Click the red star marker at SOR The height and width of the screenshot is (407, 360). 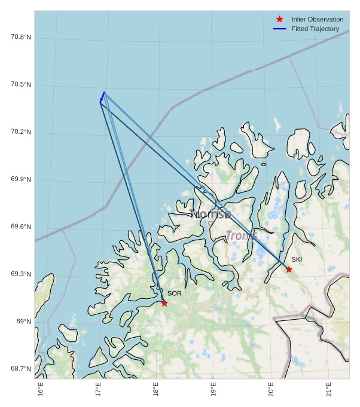point(164,303)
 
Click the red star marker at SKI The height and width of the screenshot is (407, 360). point(289,270)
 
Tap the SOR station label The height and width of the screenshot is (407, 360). point(174,293)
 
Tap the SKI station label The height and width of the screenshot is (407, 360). point(297,259)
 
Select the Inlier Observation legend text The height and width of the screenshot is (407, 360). point(317,20)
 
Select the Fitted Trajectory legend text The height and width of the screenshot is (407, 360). point(315,29)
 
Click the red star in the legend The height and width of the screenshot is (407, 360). point(279,20)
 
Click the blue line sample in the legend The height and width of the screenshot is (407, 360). point(279,29)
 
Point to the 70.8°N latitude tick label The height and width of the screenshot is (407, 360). point(21,37)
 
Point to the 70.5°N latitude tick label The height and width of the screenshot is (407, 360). point(21,84)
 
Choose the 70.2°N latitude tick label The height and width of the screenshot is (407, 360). point(21,132)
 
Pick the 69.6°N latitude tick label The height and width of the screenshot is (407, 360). point(21,227)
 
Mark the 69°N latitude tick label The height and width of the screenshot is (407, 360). point(23,322)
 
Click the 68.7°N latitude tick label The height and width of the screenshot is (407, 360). point(21,369)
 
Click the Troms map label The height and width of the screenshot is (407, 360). point(241,236)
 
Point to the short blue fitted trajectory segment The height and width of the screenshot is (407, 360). point(102,97)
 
